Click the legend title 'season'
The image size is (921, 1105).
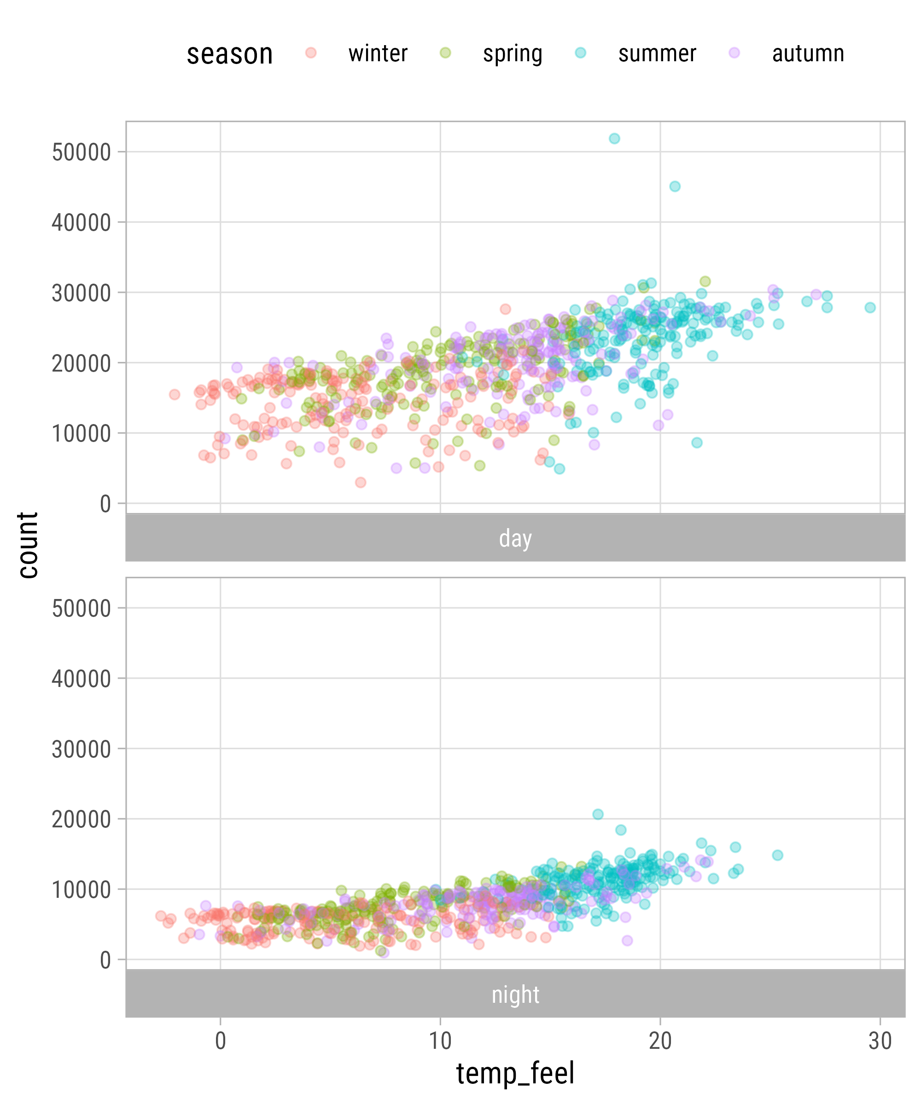(229, 54)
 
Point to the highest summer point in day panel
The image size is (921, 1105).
(614, 139)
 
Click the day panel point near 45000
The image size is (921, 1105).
(675, 187)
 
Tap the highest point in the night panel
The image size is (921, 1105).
(598, 814)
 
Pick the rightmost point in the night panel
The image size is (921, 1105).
(777, 855)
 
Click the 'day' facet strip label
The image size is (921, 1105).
(515, 539)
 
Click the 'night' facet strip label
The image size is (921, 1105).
(515, 995)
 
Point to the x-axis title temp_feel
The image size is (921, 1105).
(515, 1073)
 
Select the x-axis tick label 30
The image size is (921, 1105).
(880, 1041)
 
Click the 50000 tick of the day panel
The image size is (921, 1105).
(81, 152)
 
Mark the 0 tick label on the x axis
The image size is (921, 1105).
(221, 1041)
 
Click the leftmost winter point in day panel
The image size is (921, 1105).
(174, 395)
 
